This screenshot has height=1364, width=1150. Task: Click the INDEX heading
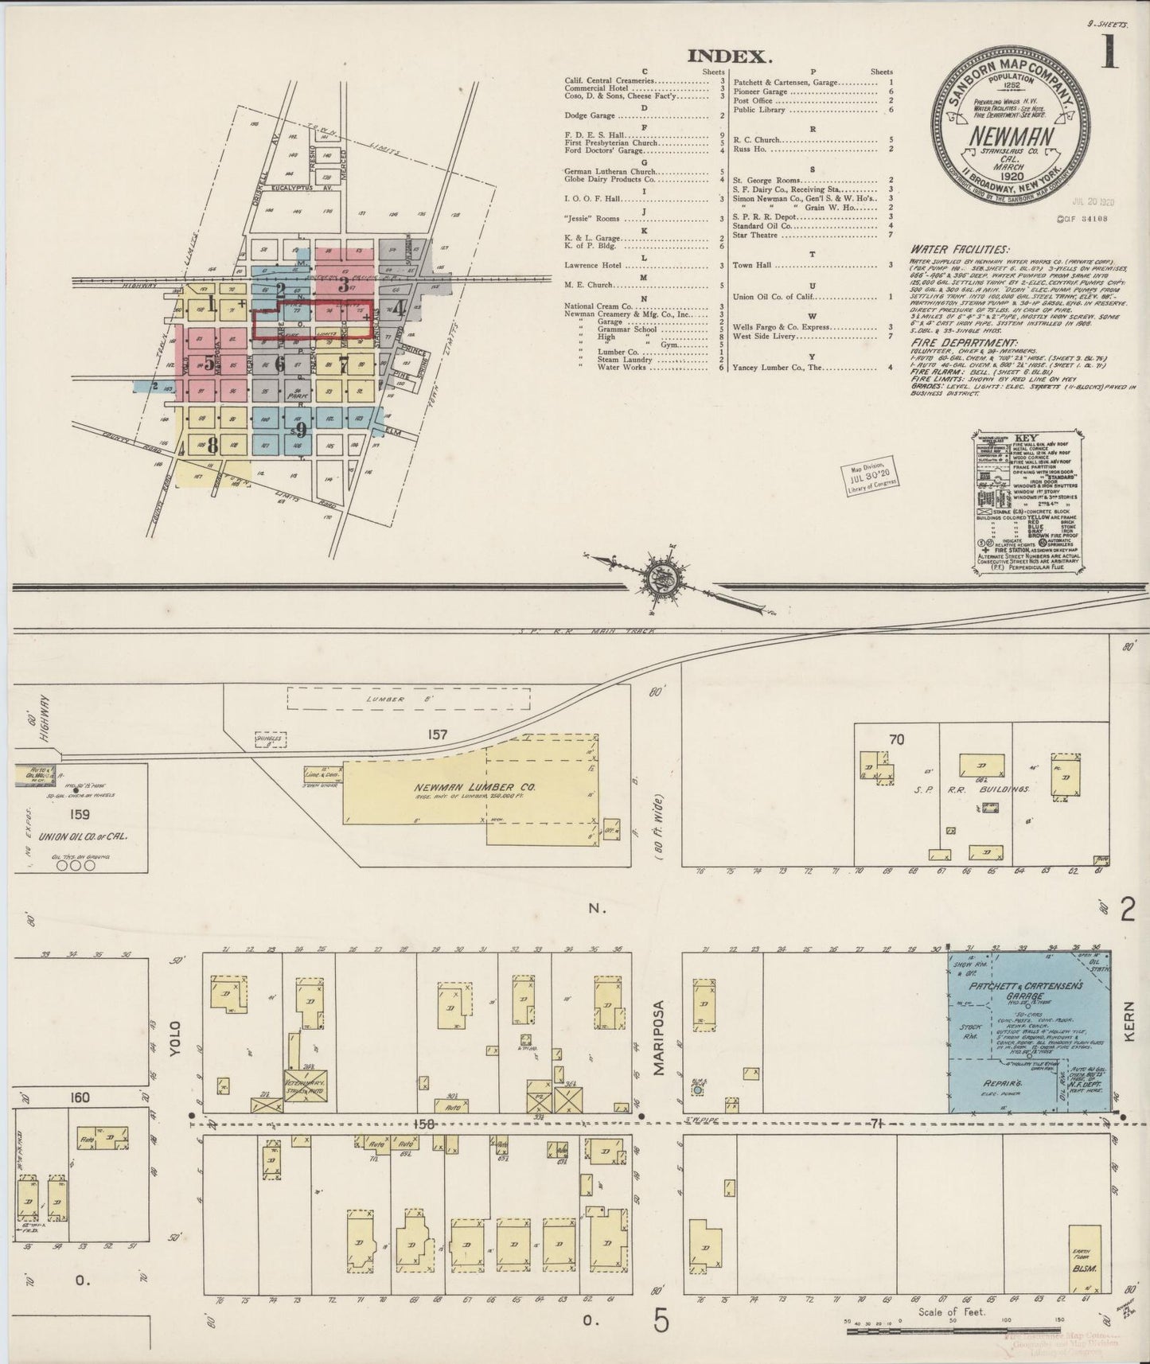pos(729,56)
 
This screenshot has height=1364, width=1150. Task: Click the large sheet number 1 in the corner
pos(1109,52)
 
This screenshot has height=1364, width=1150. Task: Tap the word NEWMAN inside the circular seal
pos(1010,135)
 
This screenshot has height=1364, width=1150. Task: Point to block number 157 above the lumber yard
pos(436,734)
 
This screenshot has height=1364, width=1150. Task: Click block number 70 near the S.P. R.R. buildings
pos(896,739)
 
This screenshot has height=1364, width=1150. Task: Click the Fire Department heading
pos(959,343)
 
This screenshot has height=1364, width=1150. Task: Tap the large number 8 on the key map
pos(212,446)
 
